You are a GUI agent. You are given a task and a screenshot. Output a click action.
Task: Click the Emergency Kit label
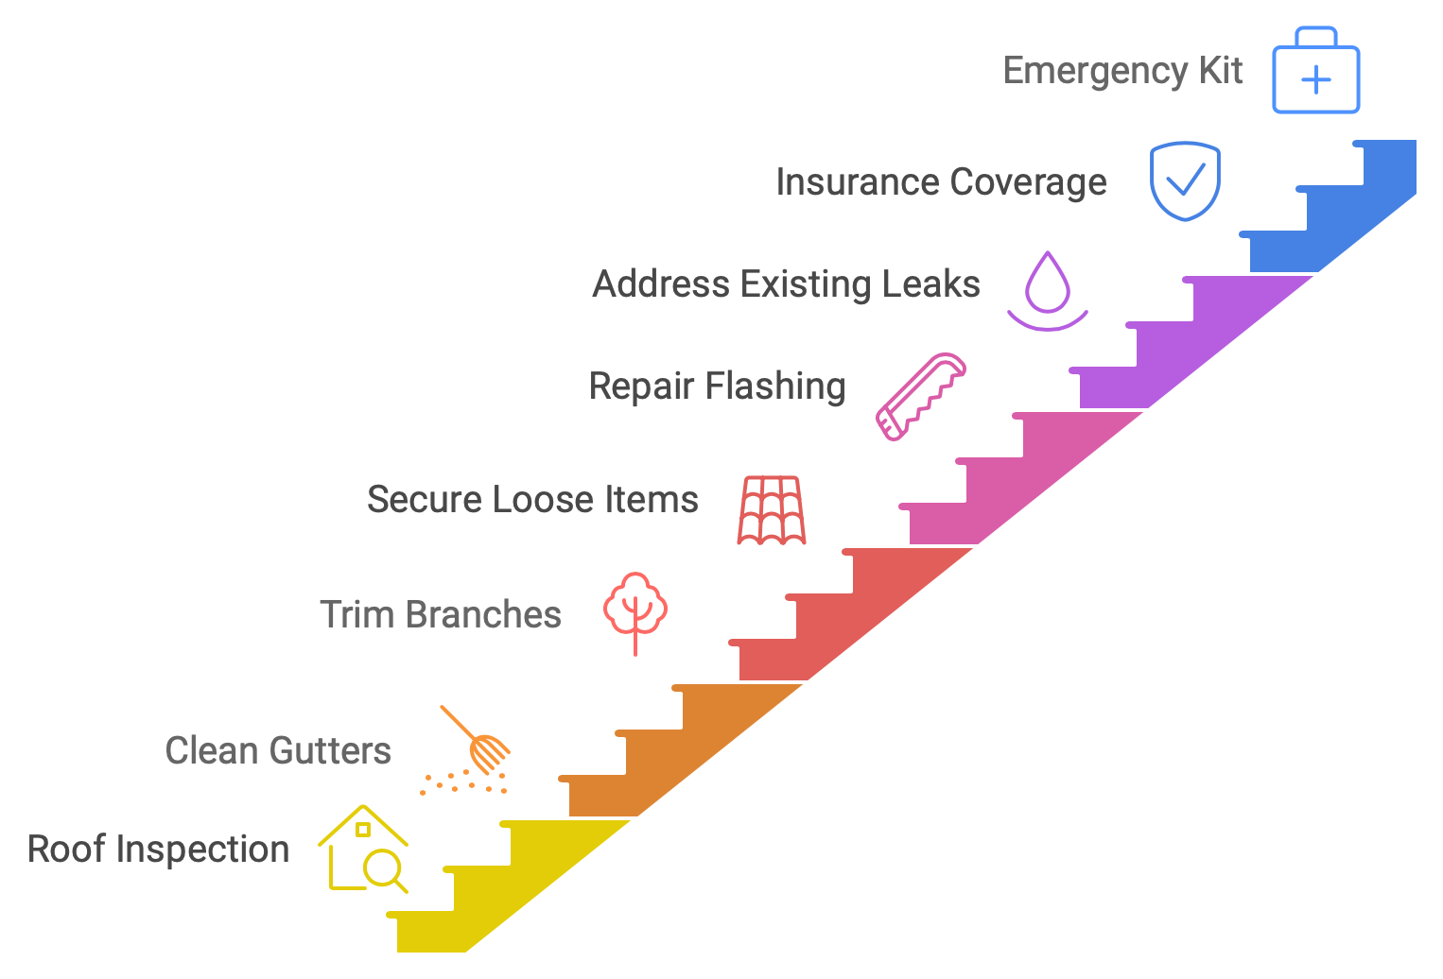(x=1122, y=72)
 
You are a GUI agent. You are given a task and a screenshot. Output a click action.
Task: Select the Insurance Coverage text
(x=941, y=182)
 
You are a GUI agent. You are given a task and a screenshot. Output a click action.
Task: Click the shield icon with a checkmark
(x=1185, y=180)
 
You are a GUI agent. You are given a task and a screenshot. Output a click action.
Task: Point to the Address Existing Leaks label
(x=786, y=284)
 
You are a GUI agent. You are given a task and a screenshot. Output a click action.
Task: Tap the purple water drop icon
(x=1048, y=289)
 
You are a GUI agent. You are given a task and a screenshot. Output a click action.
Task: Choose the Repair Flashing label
(x=717, y=386)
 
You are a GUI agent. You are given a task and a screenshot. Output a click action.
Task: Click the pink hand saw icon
(x=920, y=397)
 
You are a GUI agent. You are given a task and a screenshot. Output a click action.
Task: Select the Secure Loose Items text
(x=532, y=500)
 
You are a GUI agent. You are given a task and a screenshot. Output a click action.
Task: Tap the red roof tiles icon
(x=772, y=510)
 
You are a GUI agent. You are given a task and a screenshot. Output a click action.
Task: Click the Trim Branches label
(x=441, y=615)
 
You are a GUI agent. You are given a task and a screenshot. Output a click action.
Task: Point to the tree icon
(x=635, y=610)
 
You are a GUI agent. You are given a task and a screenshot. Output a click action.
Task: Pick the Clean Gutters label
(x=278, y=751)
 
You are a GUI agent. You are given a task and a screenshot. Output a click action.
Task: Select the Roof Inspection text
(x=158, y=850)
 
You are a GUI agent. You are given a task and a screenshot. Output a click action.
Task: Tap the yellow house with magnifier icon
(x=364, y=850)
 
